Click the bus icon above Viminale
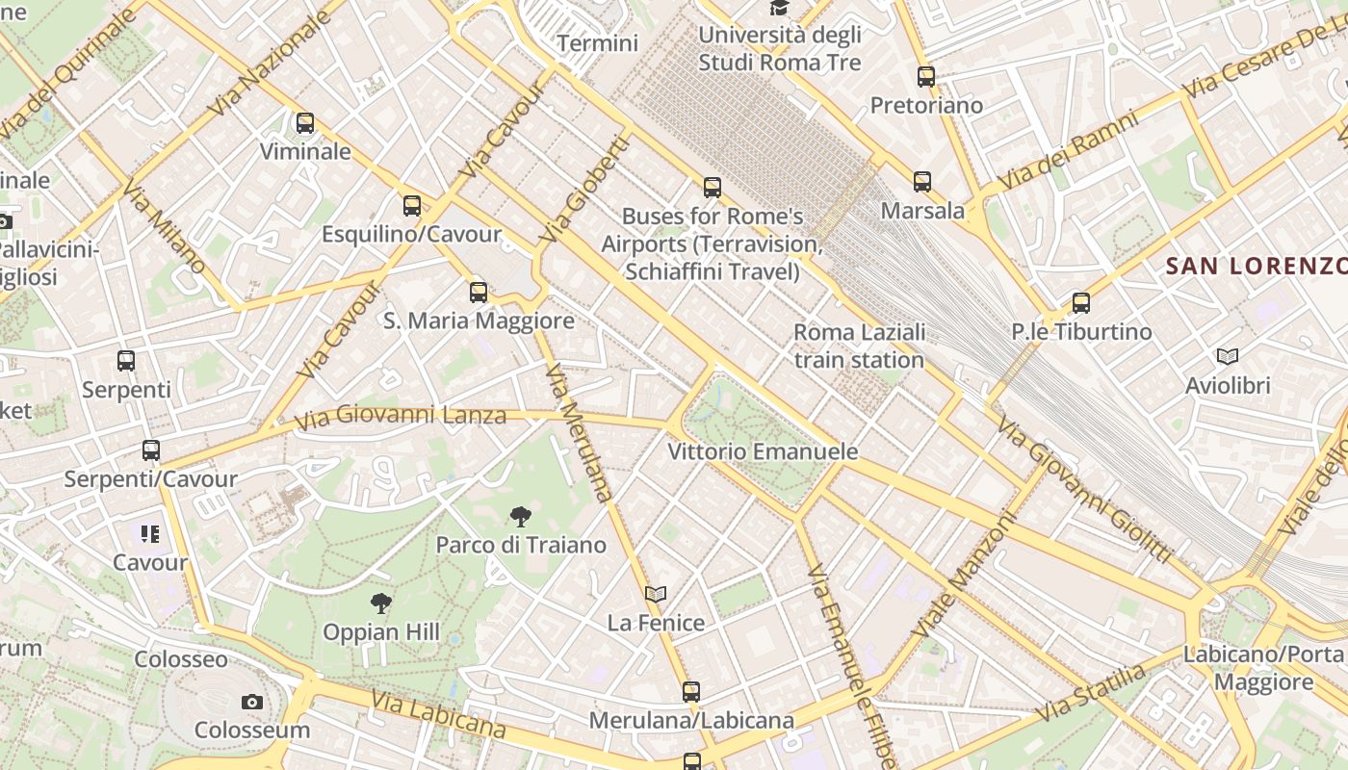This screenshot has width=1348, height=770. (305, 123)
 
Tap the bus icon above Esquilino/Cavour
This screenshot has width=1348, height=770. (412, 206)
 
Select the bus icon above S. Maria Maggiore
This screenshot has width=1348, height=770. (479, 293)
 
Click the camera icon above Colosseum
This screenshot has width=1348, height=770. (252, 703)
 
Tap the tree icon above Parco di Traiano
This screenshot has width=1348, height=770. (521, 517)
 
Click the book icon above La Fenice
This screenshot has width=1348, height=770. (656, 595)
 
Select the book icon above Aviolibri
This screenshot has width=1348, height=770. (1228, 357)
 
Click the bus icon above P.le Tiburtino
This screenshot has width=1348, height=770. (1081, 303)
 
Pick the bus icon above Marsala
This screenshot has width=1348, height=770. (922, 181)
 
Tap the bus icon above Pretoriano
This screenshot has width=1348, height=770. (926, 77)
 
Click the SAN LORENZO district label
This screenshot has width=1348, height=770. (1256, 266)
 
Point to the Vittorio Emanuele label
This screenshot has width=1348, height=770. (763, 451)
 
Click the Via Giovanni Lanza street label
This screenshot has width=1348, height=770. (400, 417)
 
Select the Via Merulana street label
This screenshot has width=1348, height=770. (579, 433)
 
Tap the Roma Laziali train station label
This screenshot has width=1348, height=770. (859, 346)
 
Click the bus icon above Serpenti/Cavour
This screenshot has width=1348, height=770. (151, 450)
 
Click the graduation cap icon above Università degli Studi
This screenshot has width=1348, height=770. (779, 8)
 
